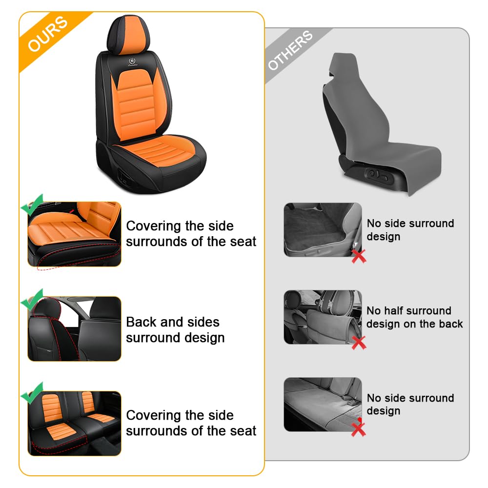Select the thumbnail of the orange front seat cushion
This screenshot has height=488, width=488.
[x=74, y=234]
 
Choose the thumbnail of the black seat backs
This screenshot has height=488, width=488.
[x=74, y=329]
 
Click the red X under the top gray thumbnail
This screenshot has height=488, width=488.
[x=359, y=255]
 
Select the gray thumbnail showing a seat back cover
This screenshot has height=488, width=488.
[x=323, y=317]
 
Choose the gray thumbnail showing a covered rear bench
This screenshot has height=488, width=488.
[x=323, y=404]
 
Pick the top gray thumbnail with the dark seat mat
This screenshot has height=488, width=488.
[x=323, y=229]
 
